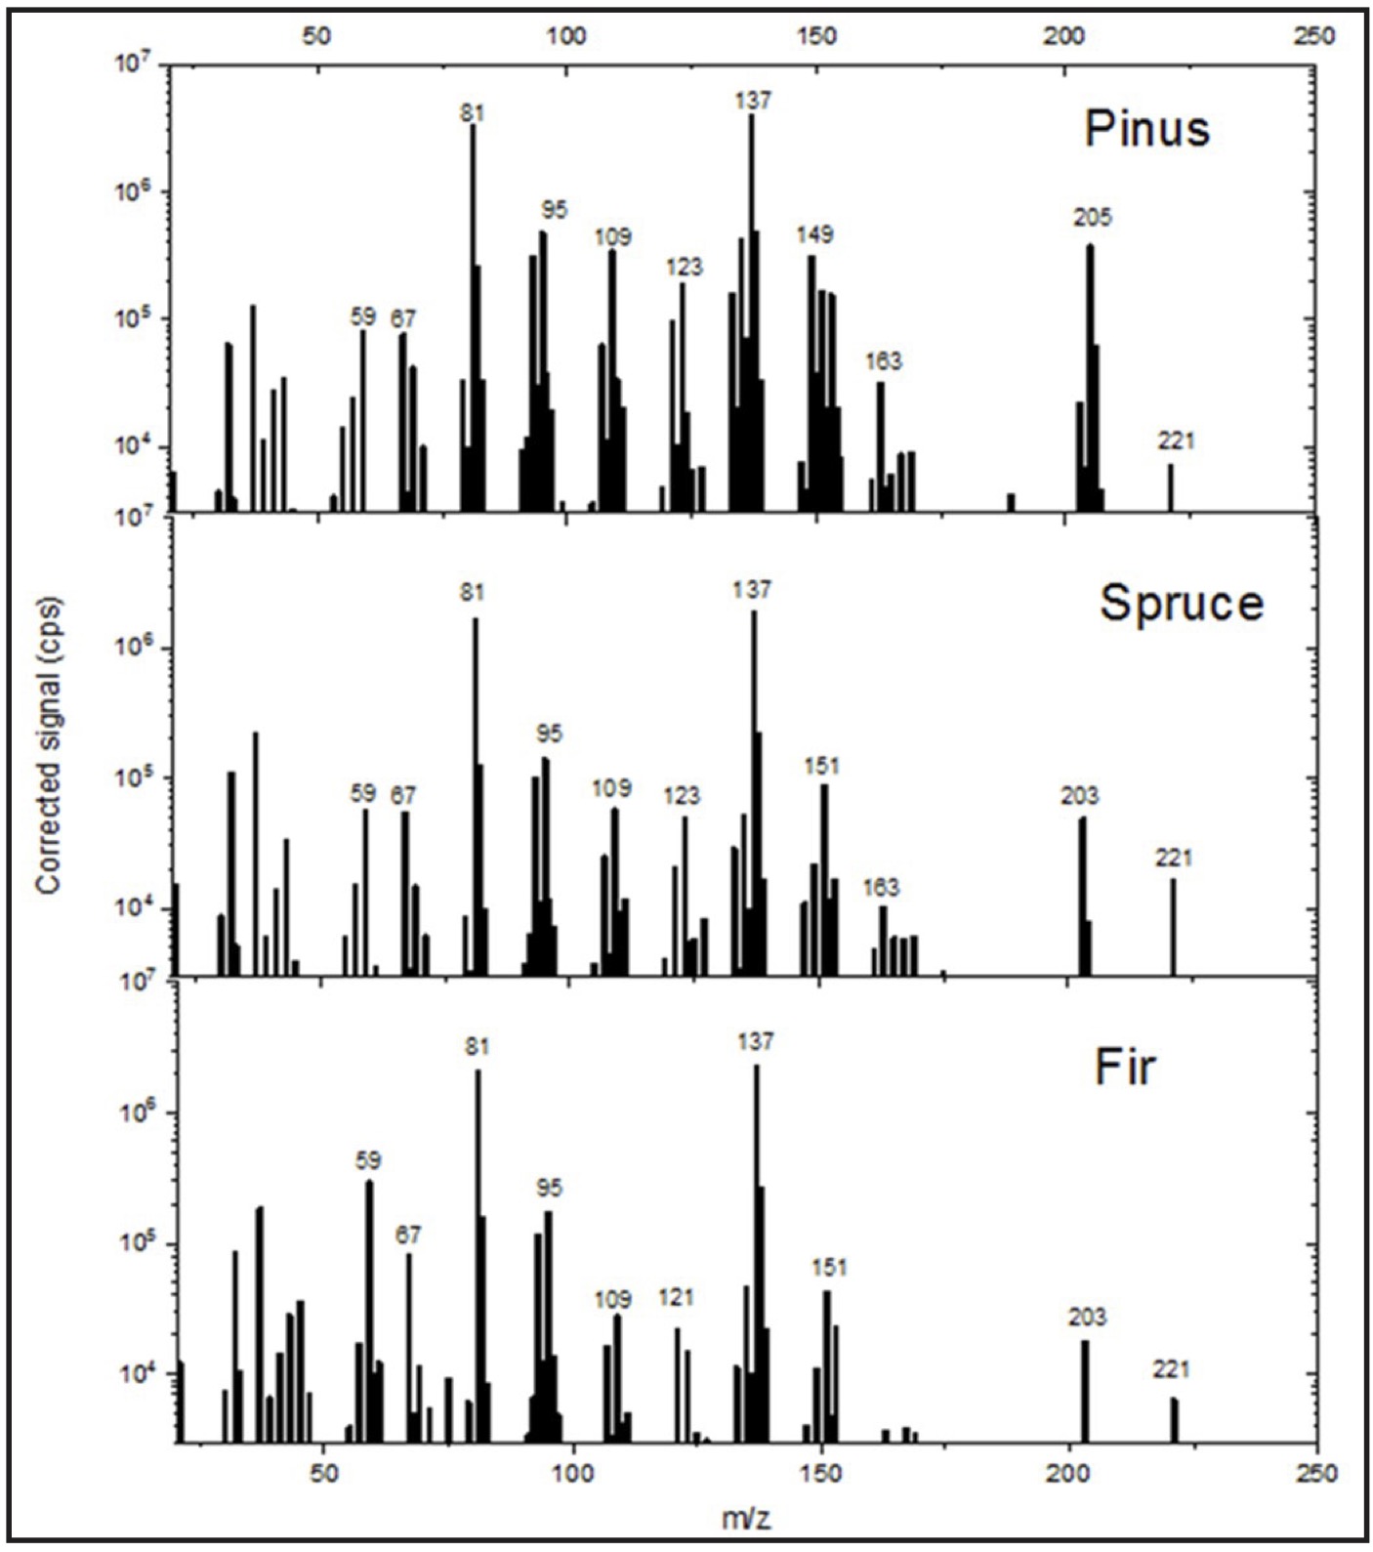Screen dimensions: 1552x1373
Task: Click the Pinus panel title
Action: (1146, 130)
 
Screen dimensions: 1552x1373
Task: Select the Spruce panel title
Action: (1181, 603)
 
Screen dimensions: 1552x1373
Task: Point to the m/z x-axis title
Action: (747, 1518)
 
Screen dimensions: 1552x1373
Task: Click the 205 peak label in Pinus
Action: (1092, 217)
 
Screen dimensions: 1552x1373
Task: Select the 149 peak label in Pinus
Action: (814, 234)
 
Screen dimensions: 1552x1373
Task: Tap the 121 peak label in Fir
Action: (676, 1297)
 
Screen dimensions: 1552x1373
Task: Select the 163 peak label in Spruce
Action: (881, 888)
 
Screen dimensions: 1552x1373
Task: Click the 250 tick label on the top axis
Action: (1312, 36)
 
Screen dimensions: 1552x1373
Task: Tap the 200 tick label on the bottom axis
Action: (1069, 1472)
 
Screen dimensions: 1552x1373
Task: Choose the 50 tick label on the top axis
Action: (316, 36)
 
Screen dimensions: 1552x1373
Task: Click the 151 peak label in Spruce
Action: (821, 766)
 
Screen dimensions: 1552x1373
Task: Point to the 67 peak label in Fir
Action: (407, 1235)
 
